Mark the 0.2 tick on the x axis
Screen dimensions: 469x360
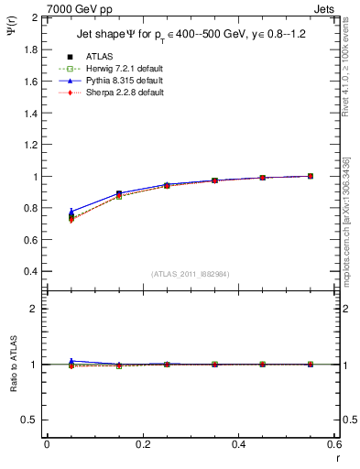tap(142, 444)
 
